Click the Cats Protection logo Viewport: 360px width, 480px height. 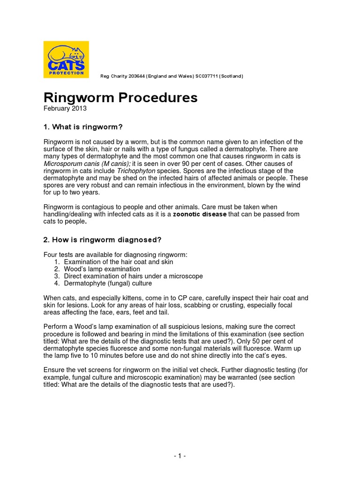pos(66,60)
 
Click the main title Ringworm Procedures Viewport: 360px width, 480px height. pos(120,97)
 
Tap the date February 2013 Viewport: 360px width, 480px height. pos(65,108)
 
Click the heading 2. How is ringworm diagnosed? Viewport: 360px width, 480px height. pos(102,240)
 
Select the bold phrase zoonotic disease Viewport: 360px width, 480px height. pos(200,214)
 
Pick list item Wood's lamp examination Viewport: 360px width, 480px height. pos(102,269)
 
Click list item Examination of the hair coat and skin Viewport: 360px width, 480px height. pos(118,262)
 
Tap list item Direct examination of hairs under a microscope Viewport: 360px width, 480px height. pos(133,276)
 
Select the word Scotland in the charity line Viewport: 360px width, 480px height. pos(230,76)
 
